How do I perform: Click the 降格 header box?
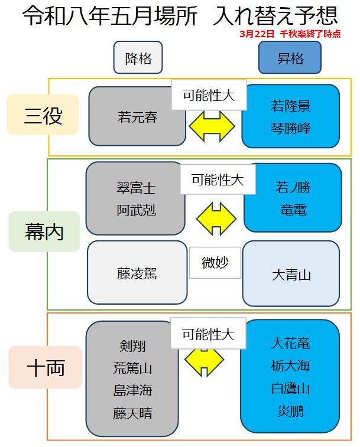point(138,58)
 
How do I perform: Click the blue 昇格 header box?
point(290,58)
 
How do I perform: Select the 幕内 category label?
point(44,232)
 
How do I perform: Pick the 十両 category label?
point(46,368)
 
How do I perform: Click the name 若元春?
point(137,117)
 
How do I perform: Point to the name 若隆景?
point(291,106)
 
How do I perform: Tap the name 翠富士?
point(136,188)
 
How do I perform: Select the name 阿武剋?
point(136,210)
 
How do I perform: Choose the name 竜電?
point(293,210)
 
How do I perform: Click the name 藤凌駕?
point(137,274)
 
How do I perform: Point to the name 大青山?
point(291,275)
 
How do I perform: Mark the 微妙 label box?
point(215,263)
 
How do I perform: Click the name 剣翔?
point(132,345)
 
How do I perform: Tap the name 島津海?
point(132,390)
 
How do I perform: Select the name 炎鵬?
point(290,411)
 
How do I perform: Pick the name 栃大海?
point(290,366)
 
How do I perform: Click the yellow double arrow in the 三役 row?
point(212,126)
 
